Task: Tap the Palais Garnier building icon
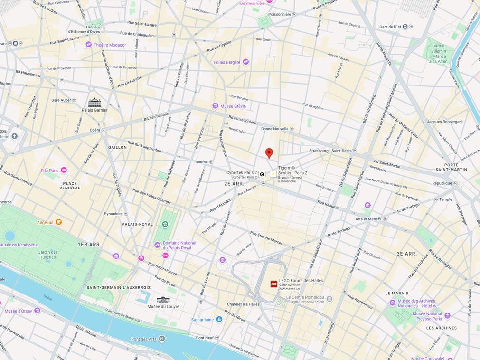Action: pos(94,102)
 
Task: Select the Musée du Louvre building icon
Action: pos(163,300)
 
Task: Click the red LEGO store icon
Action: pos(274,284)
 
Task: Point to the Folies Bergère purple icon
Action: pos(245,62)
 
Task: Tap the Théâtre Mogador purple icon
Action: pos(88,45)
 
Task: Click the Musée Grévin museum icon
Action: pos(215,106)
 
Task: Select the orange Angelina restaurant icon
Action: pos(59,222)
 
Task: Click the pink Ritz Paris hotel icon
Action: pos(64,170)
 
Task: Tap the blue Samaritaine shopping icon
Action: pos(219,320)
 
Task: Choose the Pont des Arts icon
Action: pos(162,339)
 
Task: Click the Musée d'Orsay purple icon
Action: pos(37,311)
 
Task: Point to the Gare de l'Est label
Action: pos(390,27)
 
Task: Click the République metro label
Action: pos(442,183)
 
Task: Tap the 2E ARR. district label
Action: pos(234,183)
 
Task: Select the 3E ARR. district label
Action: pos(406,254)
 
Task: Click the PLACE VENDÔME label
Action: pos(70,185)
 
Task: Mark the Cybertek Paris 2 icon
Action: pos(262,174)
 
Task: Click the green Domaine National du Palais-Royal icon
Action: pos(165,224)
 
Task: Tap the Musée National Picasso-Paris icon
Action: pos(447,315)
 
